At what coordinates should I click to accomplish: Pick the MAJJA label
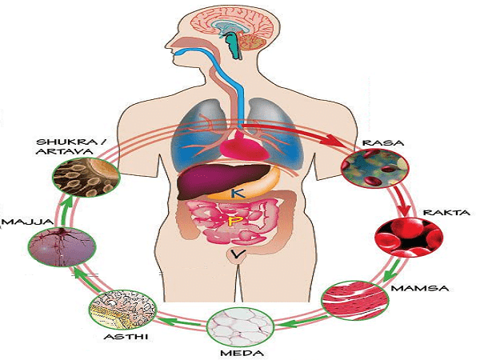pyautogui.click(x=18, y=221)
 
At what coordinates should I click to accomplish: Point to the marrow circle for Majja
pyautogui.click(x=54, y=245)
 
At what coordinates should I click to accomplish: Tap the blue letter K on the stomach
pyautogui.click(x=237, y=193)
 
